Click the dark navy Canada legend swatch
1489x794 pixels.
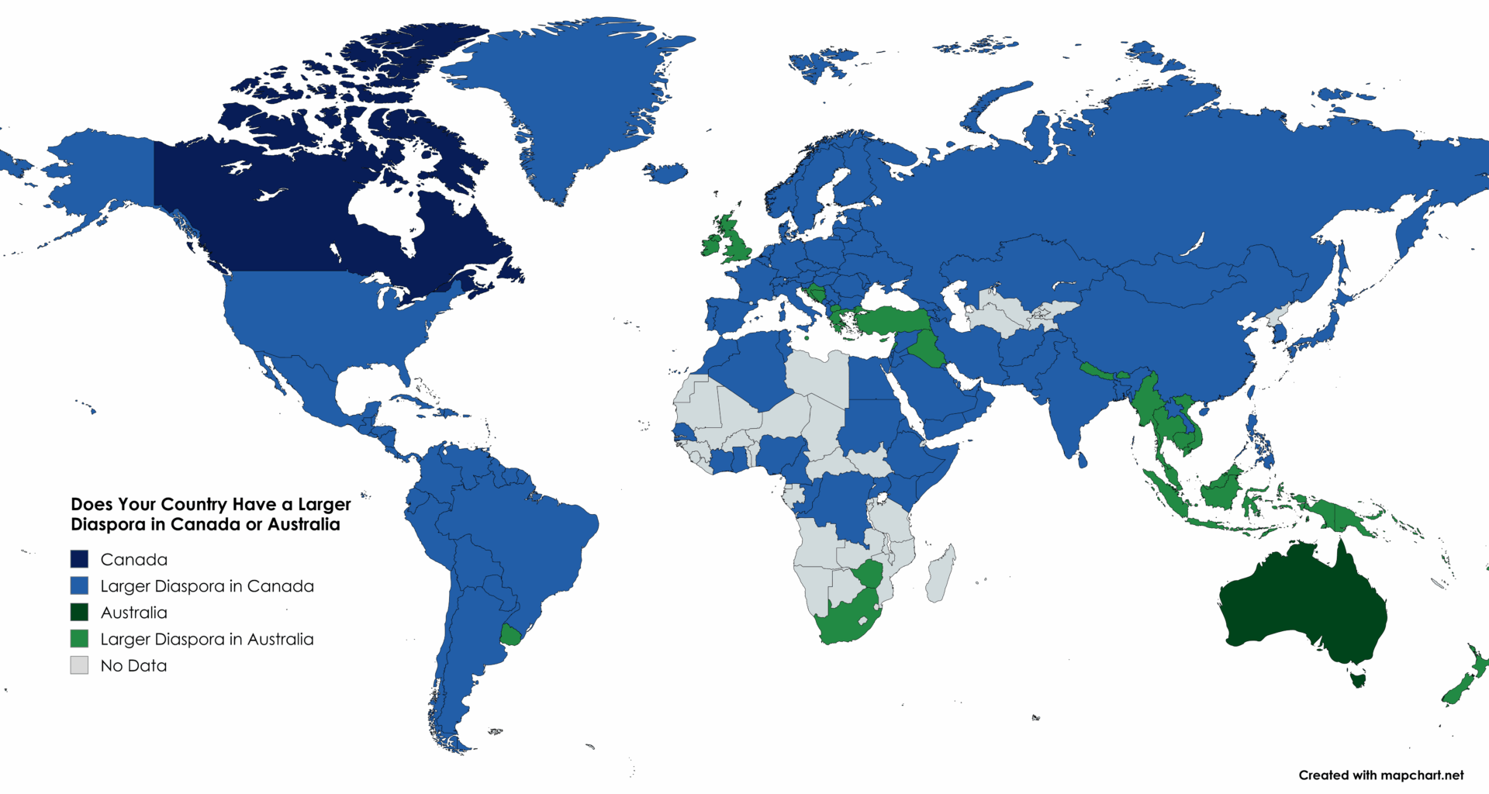(x=79, y=559)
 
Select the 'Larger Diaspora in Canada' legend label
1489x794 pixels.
(x=207, y=586)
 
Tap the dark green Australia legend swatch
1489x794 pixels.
(x=79, y=613)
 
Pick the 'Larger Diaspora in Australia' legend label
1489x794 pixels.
(x=207, y=639)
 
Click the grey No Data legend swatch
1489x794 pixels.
(x=79, y=665)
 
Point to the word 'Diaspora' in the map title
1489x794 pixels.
(x=116, y=525)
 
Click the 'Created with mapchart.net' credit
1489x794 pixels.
(x=1380, y=775)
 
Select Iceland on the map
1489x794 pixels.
(x=665, y=173)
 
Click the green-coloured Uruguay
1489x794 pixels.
(x=511, y=636)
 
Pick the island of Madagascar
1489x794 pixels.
(x=941, y=574)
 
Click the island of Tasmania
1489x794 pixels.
(x=1357, y=680)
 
